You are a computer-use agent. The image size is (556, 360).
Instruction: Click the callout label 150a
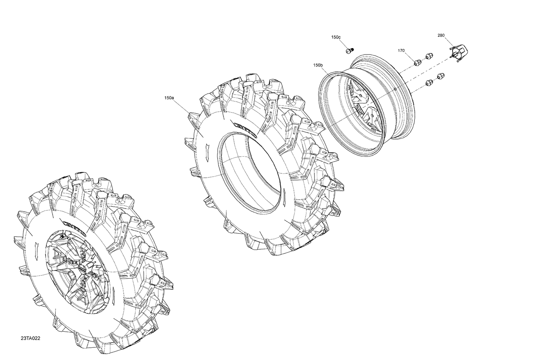(169, 98)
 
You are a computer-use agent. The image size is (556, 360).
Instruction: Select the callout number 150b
(318, 65)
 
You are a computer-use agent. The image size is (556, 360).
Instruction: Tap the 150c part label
(336, 37)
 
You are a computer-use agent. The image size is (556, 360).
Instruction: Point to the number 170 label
(401, 50)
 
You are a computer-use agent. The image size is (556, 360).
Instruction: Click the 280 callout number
(441, 36)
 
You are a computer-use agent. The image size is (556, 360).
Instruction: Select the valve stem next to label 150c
(349, 50)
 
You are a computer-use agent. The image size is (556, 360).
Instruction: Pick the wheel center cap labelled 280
(458, 53)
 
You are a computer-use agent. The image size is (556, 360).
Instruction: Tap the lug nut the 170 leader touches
(416, 62)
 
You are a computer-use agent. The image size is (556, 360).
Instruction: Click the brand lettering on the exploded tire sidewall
(244, 130)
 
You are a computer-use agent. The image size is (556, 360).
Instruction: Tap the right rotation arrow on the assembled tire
(114, 293)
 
